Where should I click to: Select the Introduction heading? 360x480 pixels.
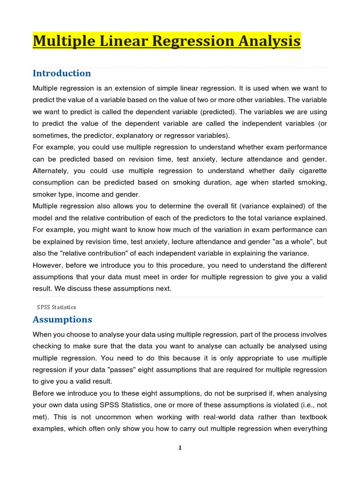pos(62,73)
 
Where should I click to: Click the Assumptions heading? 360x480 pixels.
pos(62,319)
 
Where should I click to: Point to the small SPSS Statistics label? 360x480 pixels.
pos(57,307)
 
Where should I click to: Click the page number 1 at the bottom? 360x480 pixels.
pos(180,448)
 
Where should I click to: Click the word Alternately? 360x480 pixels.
pos(50,171)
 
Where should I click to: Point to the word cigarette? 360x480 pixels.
pos(311,171)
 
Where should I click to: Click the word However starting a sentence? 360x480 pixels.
pos(49,265)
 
